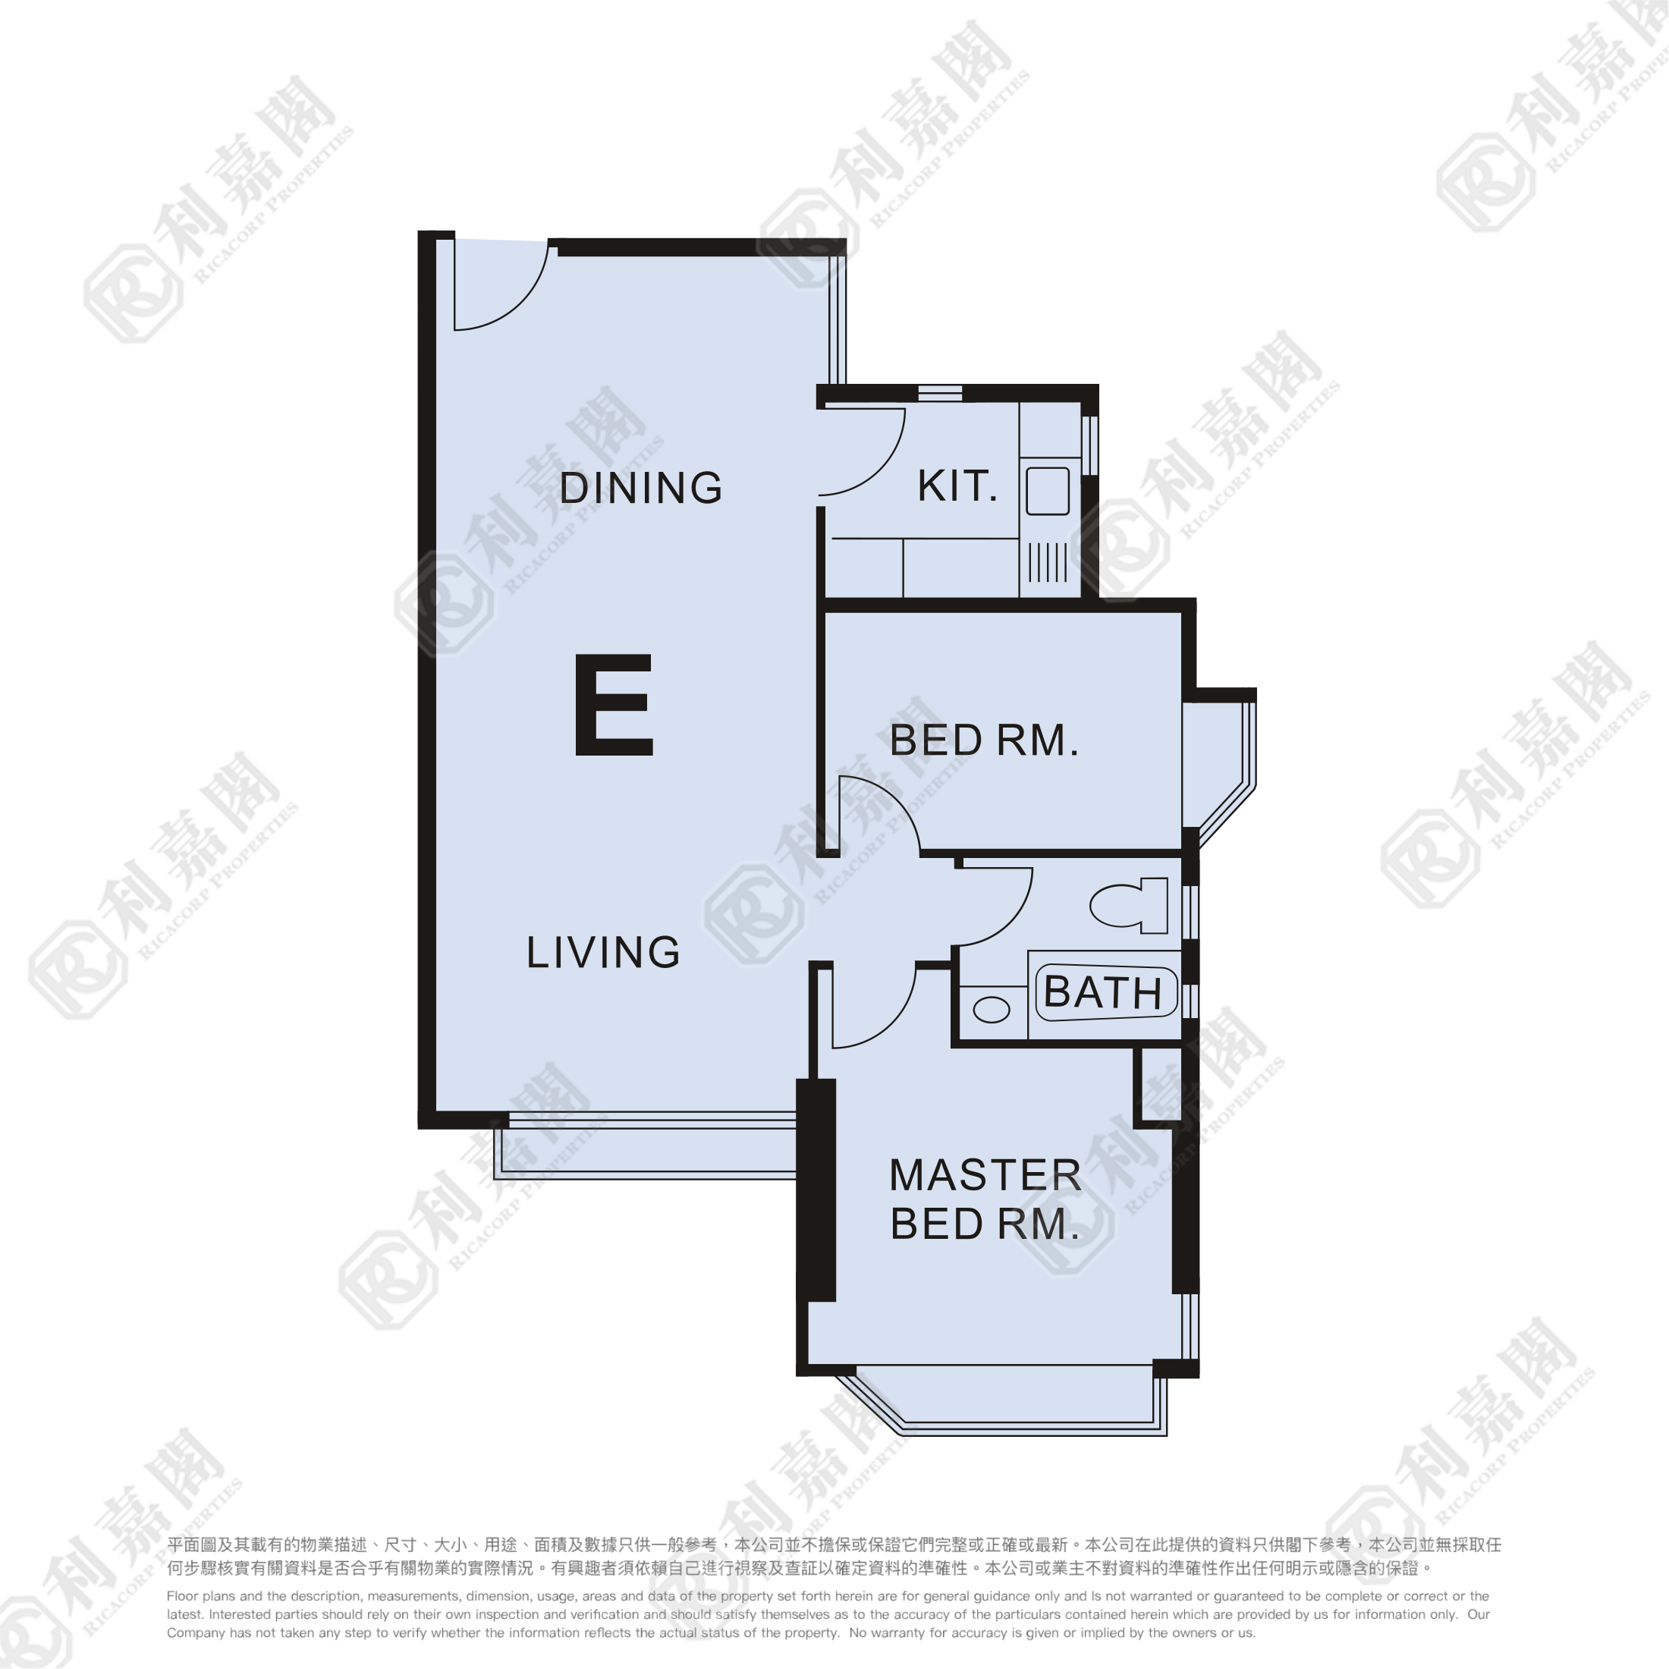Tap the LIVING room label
[x=603, y=952]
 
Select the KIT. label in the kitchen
[x=957, y=486]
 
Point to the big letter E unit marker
[x=613, y=705]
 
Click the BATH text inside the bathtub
[x=1103, y=992]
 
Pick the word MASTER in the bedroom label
[x=985, y=1176]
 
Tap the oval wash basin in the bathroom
[x=991, y=1009]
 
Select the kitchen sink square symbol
[x=1048, y=492]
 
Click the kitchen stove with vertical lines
[x=1048, y=562]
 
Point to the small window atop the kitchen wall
[x=940, y=394]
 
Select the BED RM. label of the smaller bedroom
[x=985, y=740]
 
